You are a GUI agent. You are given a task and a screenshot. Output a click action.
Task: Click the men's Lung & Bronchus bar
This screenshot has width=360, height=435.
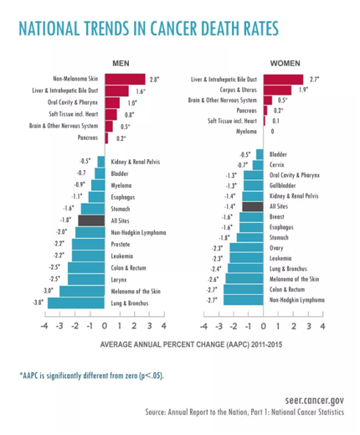click(x=76, y=303)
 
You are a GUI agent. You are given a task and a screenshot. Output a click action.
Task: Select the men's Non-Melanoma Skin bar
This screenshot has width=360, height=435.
click(x=126, y=80)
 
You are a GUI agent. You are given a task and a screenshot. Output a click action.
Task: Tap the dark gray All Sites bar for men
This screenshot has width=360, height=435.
click(x=91, y=220)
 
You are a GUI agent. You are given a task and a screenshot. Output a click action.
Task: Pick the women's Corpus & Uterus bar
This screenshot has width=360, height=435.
click(x=277, y=90)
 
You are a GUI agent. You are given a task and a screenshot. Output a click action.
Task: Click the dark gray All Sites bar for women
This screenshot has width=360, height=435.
click(x=253, y=206)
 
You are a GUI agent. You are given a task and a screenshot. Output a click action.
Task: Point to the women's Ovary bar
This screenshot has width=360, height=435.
click(x=246, y=248)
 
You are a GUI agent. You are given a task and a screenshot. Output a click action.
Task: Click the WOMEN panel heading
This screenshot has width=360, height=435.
click(x=285, y=64)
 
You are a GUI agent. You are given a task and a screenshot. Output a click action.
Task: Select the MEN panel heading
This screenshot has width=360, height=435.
click(x=121, y=64)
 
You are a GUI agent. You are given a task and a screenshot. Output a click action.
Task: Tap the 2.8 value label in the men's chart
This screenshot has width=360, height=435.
click(x=154, y=80)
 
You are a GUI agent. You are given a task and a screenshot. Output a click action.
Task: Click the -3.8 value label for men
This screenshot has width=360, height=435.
click(x=38, y=303)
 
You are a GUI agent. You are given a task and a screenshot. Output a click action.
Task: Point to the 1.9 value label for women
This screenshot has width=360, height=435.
click(x=303, y=90)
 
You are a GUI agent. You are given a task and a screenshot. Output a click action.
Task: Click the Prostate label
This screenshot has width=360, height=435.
click(x=121, y=245)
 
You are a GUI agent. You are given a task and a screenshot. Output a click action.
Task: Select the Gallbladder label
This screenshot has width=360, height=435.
click(x=282, y=185)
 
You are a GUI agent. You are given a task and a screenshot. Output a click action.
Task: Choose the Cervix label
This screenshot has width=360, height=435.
click(x=277, y=165)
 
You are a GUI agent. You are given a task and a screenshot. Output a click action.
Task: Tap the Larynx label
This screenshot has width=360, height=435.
click(x=119, y=280)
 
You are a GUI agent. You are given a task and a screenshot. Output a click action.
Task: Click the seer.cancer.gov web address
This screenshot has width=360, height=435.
click(x=315, y=401)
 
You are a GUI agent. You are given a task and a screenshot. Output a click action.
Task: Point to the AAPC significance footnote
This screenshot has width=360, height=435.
click(x=91, y=375)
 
